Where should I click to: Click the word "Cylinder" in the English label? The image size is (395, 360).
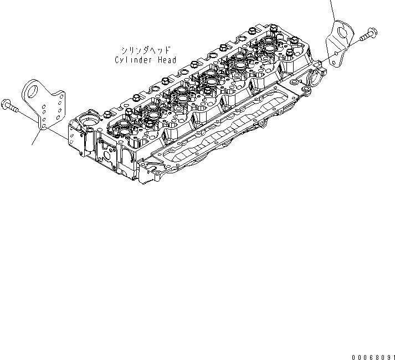134,60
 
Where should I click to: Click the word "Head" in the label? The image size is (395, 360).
166,60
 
